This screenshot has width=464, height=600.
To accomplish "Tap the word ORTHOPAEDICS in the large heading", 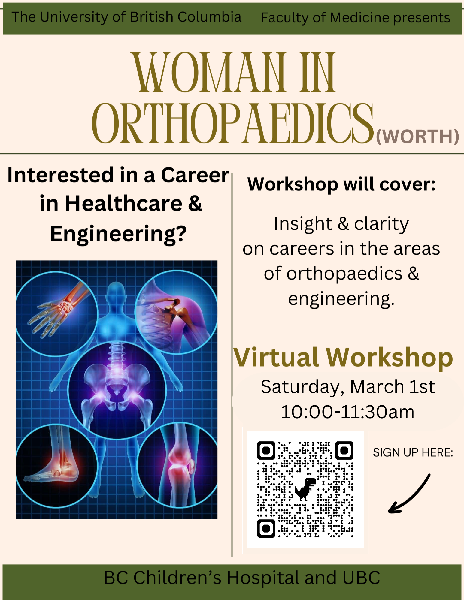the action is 233,123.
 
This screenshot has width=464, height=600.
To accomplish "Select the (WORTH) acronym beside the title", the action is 417,136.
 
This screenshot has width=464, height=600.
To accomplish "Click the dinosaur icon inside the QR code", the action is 305,489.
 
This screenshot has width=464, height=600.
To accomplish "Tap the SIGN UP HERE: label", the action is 413,452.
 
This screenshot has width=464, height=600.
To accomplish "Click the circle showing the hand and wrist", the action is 56,314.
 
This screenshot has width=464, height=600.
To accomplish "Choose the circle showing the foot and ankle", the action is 56,466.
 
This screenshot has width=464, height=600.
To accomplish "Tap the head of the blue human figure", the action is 116,292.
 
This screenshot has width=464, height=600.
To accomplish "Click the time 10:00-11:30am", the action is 347,412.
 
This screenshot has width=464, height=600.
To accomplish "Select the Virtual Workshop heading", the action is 343,358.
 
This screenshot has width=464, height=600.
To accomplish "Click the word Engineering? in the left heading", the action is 118,234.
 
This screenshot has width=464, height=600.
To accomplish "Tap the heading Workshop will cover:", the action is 341,184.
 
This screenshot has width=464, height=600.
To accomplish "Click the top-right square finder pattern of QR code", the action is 344,450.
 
